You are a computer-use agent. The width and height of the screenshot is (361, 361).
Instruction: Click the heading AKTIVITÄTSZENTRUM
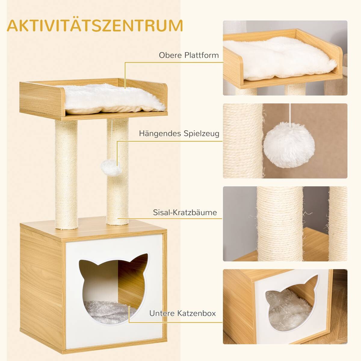pyautogui.click(x=95, y=26)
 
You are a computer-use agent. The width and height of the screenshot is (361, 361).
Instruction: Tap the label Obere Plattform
pyautogui.click(x=189, y=55)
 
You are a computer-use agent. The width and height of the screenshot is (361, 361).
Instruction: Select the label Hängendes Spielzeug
pyautogui.click(x=179, y=134)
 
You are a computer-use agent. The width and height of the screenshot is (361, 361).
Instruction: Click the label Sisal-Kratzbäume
pyautogui.click(x=184, y=213)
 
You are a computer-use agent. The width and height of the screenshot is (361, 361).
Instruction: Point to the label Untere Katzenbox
pyautogui.click(x=182, y=313)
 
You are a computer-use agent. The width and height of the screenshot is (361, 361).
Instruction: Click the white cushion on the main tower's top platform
pyautogui.click(x=113, y=99)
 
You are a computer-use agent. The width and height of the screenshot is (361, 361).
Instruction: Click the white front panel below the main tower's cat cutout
pyautogui.click(x=114, y=334)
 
